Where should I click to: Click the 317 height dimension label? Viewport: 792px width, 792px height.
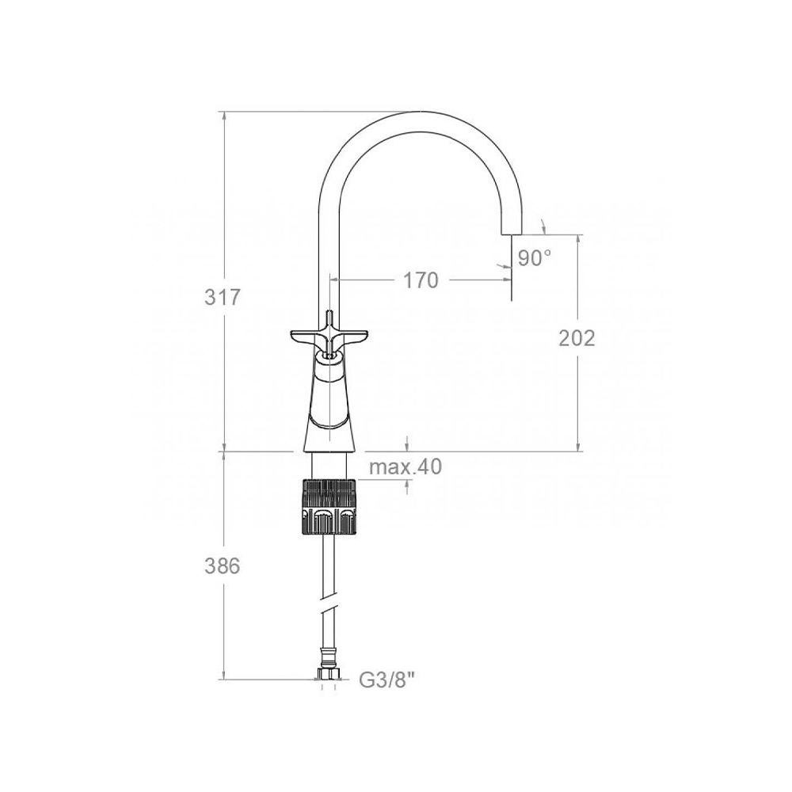tap(223, 298)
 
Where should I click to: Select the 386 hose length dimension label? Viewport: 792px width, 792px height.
tap(223, 566)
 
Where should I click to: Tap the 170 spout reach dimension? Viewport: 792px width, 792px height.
tap(421, 280)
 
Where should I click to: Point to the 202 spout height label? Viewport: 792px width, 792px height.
tap(577, 338)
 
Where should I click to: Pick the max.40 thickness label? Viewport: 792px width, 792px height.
tap(406, 466)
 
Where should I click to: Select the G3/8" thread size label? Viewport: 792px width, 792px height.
tap(387, 680)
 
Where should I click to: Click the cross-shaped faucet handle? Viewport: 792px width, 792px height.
tap(329, 337)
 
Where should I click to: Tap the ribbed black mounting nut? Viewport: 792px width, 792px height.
tap(329, 507)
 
